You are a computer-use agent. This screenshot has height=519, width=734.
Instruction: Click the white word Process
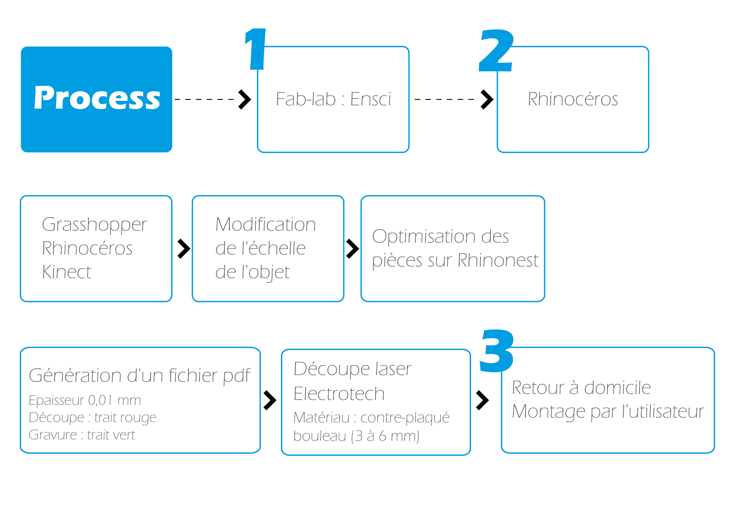tap(97, 98)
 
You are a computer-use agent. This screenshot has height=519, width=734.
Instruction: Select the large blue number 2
tap(496, 50)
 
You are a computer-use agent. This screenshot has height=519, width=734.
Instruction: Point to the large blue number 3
tap(497, 351)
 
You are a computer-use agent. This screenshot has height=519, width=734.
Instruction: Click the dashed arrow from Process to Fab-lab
tap(213, 99)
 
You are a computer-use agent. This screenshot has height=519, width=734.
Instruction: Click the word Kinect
tap(67, 272)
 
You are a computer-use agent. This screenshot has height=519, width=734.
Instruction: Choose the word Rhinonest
tap(498, 260)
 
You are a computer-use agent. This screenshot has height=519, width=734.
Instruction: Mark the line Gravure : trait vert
tap(82, 435)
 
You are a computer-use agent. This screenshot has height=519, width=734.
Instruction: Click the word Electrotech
tap(339, 394)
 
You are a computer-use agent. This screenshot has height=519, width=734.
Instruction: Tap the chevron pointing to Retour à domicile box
tap(482, 400)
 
